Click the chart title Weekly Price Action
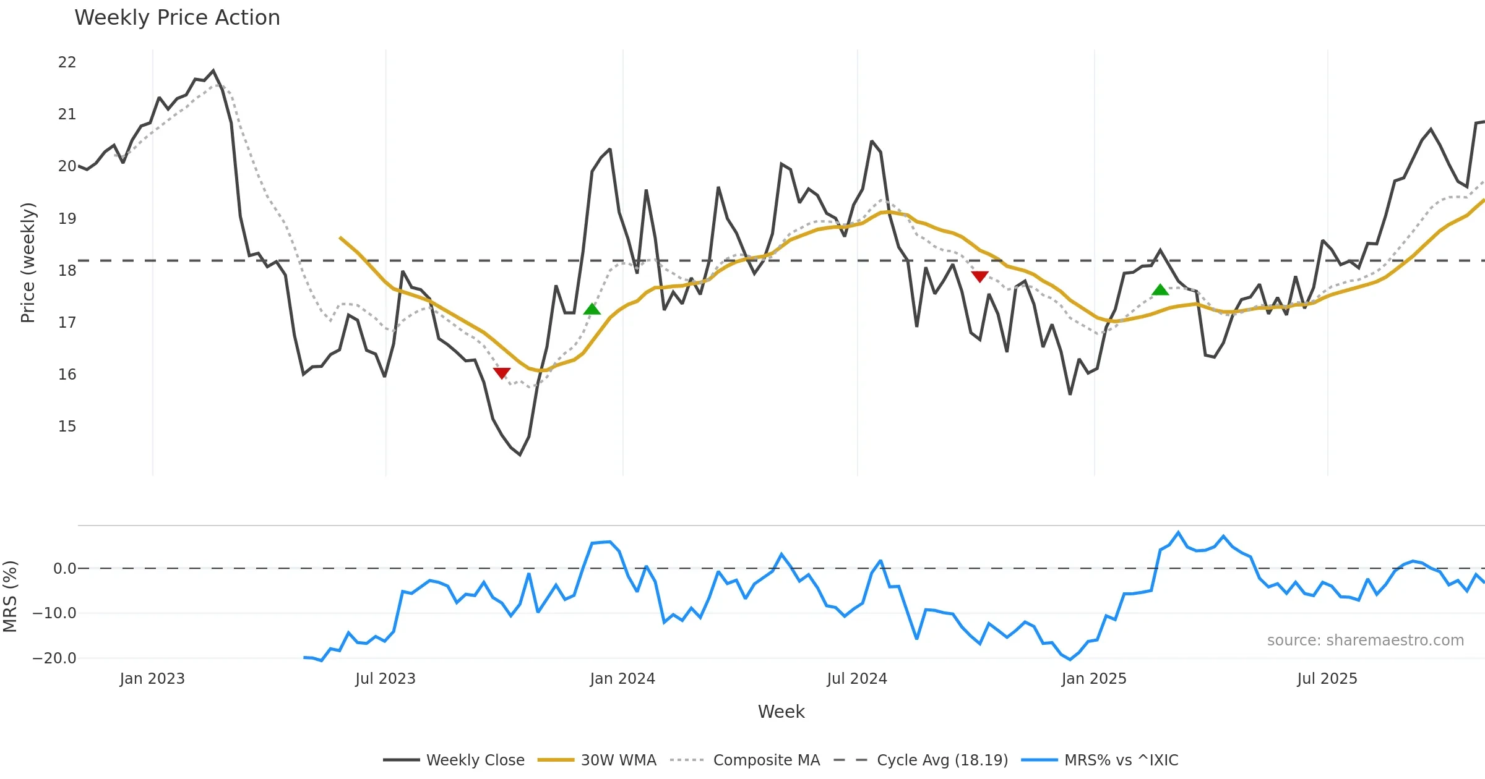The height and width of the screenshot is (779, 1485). [177, 18]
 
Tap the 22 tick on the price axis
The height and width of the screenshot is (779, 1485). [67, 62]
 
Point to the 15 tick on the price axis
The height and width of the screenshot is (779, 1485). [67, 427]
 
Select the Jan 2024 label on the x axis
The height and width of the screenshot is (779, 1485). [622, 679]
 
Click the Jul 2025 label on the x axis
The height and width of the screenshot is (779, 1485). [1327, 679]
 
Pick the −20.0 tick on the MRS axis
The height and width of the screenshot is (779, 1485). [54, 658]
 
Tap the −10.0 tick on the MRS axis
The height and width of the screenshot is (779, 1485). [54, 613]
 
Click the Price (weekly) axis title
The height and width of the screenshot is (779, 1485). [28, 263]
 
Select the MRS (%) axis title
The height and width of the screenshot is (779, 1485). [11, 597]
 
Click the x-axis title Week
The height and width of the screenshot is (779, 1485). [781, 712]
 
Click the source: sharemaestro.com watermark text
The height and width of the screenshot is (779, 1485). [1365, 641]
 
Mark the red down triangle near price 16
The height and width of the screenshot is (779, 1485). [502, 373]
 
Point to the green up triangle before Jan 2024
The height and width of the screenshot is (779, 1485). [592, 309]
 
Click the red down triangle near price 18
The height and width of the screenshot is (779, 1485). [979, 276]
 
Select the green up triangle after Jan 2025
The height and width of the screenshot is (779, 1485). [1160, 289]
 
